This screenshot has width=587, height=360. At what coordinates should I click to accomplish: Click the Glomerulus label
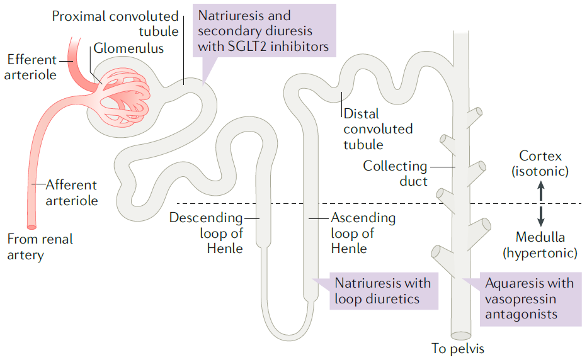[x=128, y=48]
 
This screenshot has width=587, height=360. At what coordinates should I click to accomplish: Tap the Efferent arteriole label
[x=30, y=67]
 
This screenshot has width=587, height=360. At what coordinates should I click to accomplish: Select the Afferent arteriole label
[x=72, y=193]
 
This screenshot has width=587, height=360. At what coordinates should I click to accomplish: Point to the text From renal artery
[x=40, y=247]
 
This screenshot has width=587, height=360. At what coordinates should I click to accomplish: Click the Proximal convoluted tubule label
[x=115, y=23]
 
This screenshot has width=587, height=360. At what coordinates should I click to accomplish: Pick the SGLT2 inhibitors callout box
[x=265, y=31]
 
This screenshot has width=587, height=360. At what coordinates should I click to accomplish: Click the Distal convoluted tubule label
[x=378, y=129]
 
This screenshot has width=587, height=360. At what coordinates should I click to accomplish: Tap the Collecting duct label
[x=395, y=173]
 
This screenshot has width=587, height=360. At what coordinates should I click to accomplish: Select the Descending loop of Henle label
[x=206, y=233]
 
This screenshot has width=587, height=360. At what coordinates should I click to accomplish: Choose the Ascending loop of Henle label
[x=363, y=233]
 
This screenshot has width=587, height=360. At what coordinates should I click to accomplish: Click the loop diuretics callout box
[x=384, y=291]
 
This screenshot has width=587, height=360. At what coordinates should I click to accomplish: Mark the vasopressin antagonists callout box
[x=530, y=299]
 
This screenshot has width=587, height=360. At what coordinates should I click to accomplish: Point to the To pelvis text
[x=458, y=349]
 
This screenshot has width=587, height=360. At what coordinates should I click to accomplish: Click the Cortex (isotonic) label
[x=540, y=163]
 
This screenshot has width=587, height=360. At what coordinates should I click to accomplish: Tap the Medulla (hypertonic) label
[x=540, y=245]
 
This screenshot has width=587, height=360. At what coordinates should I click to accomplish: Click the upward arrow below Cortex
[x=541, y=191]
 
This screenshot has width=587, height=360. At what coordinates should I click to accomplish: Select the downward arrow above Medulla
[x=541, y=217]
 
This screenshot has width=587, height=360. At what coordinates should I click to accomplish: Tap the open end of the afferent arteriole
[x=32, y=227]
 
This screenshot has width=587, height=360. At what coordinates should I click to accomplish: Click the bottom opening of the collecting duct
[x=461, y=335]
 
